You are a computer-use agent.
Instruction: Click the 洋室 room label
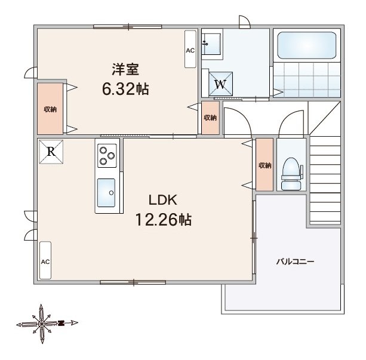(x=125, y=69)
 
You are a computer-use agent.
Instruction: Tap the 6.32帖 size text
(x=125, y=89)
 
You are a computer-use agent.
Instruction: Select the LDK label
(x=163, y=200)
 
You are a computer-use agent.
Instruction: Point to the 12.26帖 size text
(x=164, y=220)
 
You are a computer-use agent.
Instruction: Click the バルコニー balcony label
(x=295, y=261)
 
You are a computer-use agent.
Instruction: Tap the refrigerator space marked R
(x=51, y=152)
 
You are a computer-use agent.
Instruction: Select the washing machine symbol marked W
(x=220, y=84)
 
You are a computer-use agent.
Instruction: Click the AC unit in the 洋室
(x=190, y=50)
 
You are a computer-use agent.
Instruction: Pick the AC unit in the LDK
(x=45, y=260)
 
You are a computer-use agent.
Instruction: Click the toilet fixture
(x=291, y=174)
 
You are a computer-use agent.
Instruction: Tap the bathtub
(x=307, y=45)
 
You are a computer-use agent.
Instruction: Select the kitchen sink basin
(x=106, y=193)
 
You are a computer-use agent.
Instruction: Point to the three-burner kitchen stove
(x=107, y=156)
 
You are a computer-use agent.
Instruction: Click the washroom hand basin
(x=211, y=44)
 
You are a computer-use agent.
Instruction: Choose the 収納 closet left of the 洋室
(x=50, y=109)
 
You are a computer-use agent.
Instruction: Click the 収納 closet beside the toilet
(x=264, y=165)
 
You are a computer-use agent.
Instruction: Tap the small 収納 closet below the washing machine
(x=210, y=118)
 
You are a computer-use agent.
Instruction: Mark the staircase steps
(x=325, y=180)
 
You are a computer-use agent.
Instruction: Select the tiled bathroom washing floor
(x=307, y=79)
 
